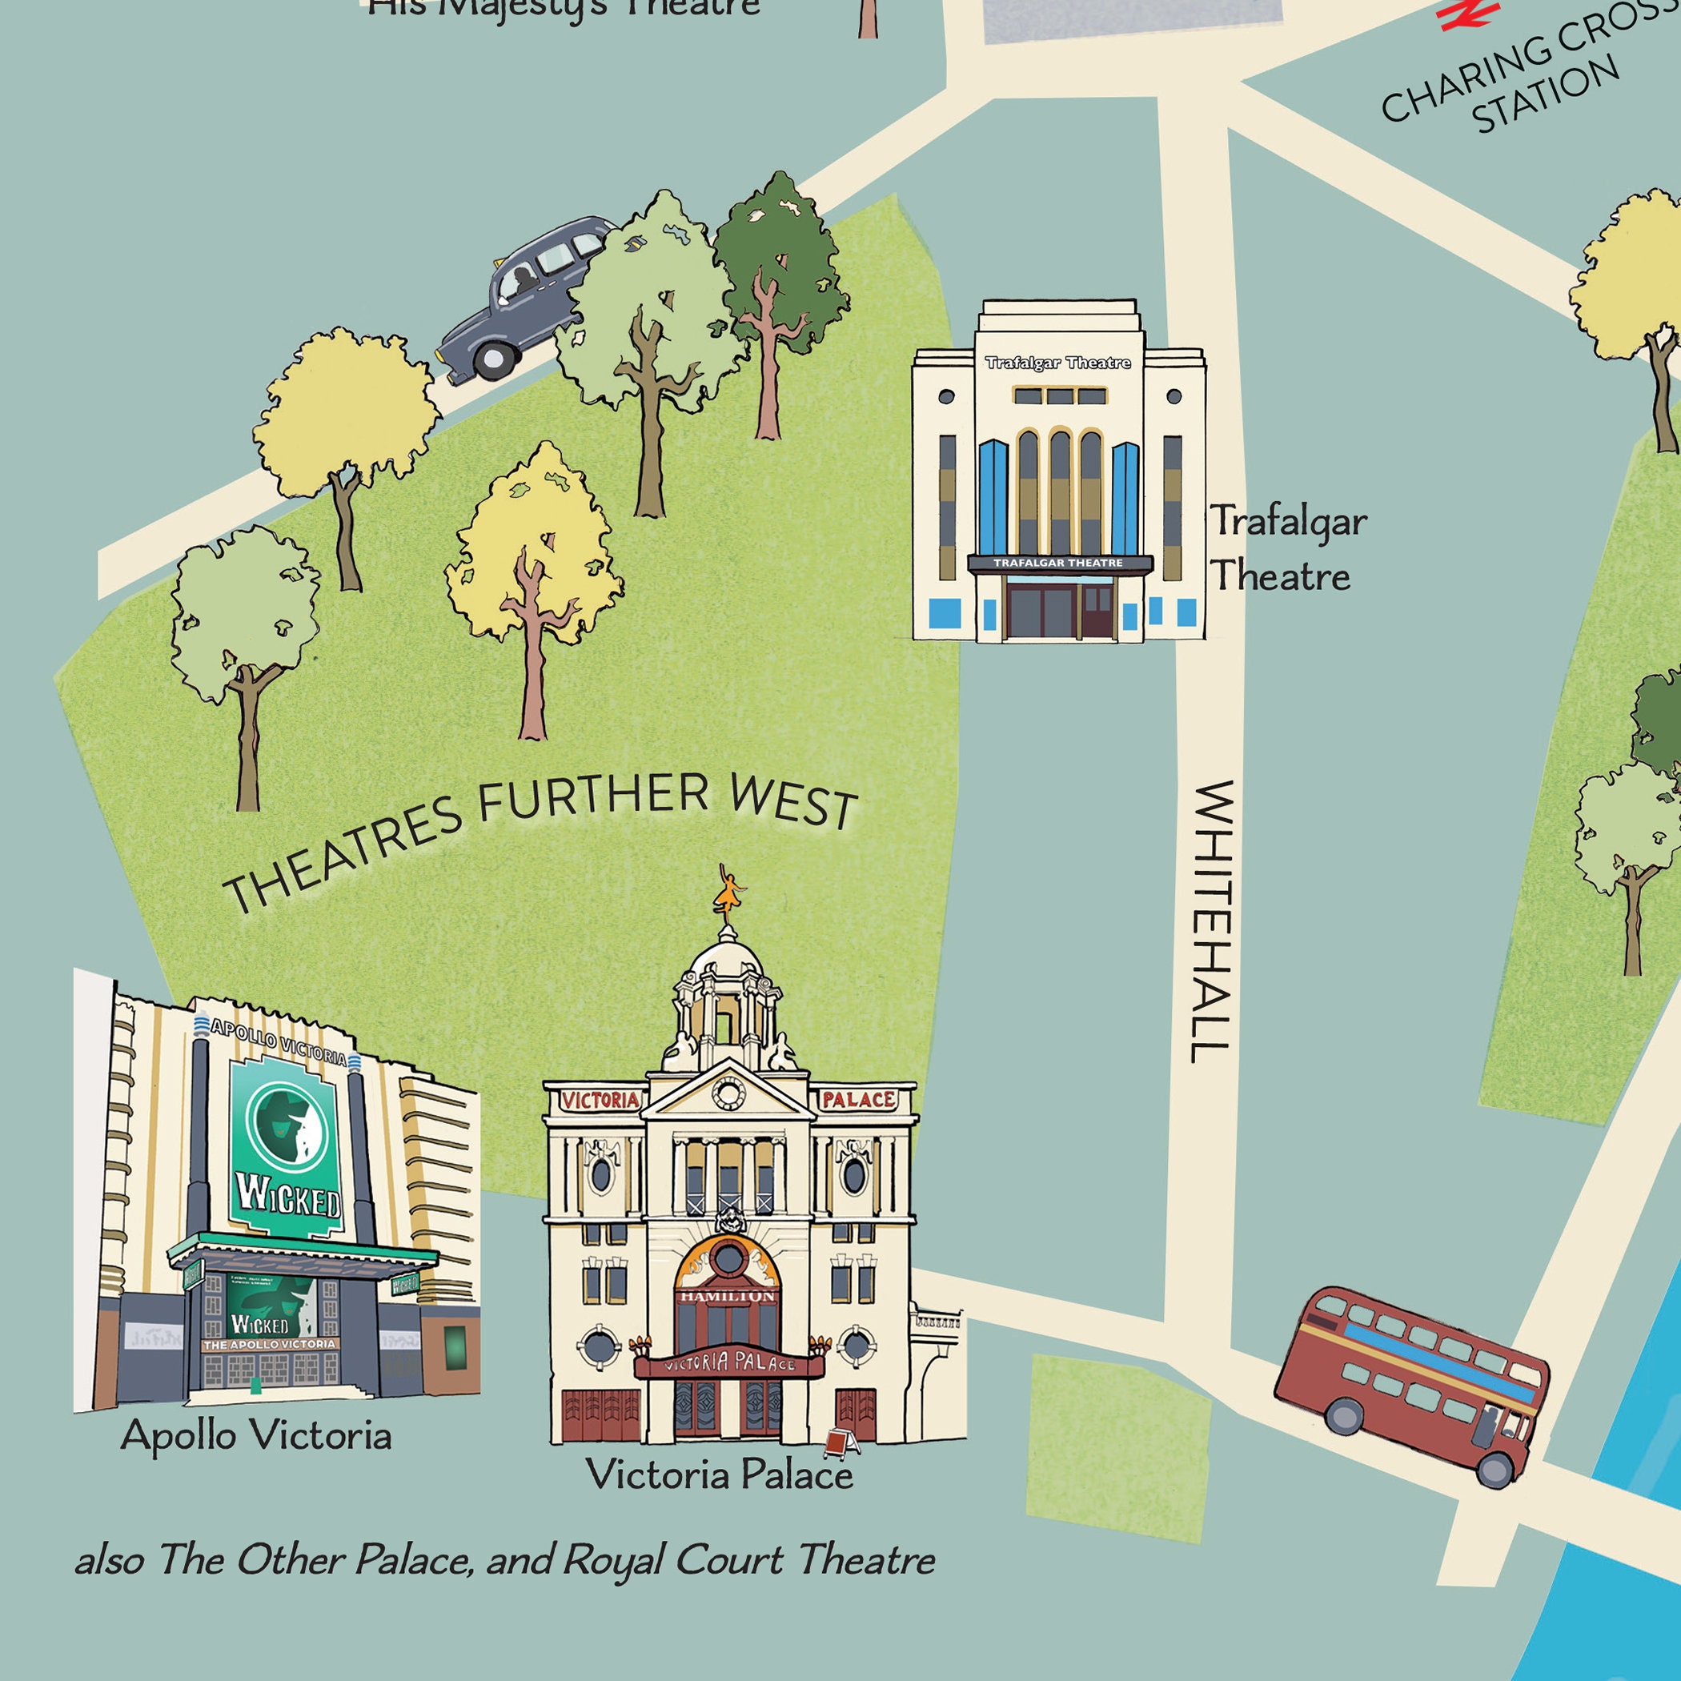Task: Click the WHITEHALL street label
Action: pos(1212,921)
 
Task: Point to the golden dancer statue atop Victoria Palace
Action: pos(729,891)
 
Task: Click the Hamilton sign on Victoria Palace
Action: pos(728,1297)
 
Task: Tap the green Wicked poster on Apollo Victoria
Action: pos(287,1148)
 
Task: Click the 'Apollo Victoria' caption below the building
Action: pos(256,1434)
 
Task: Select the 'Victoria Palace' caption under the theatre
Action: pos(720,1474)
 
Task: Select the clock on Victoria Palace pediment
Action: pos(728,1093)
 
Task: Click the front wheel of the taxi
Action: pos(492,357)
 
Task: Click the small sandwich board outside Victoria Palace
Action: pos(840,1442)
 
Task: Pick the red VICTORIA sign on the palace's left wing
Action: pos(600,1100)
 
